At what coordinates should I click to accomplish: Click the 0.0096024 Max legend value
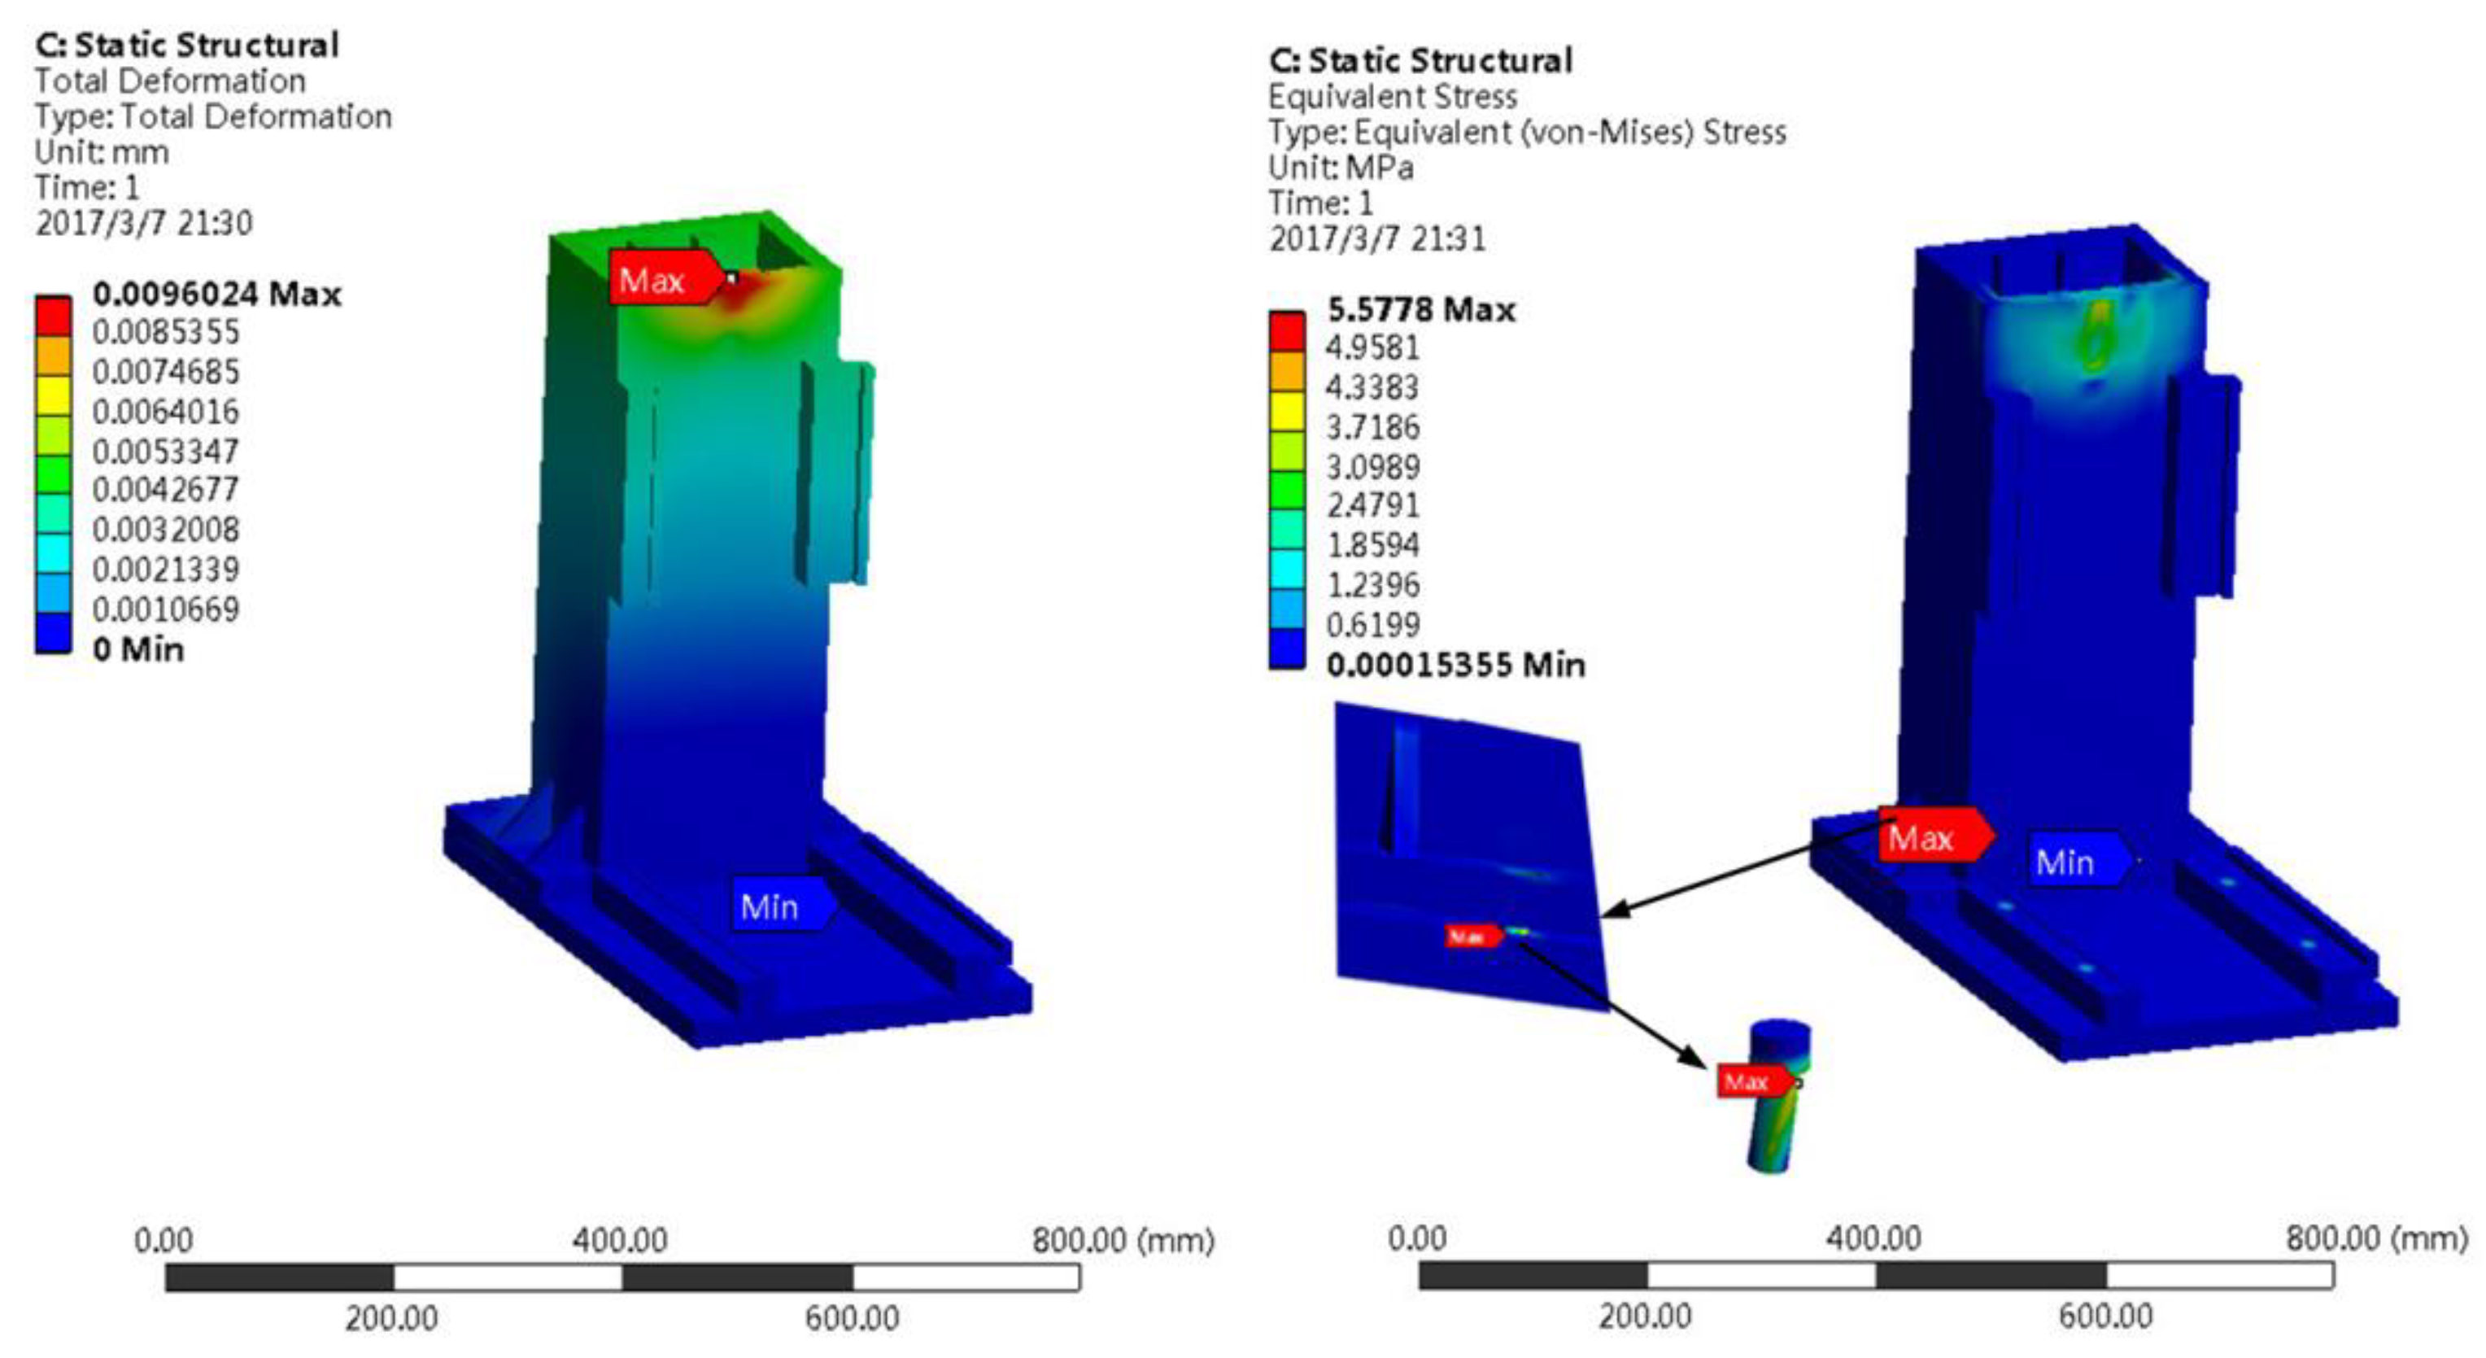coord(216,294)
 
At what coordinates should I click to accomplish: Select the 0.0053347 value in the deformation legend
coord(165,451)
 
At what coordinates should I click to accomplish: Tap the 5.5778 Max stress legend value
coord(1420,309)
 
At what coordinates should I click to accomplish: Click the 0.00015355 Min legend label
coord(1455,665)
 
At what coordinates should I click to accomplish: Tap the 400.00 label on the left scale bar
coord(620,1239)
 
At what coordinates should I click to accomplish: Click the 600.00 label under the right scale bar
coord(2106,1317)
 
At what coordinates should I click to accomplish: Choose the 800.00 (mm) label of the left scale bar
coord(1123,1239)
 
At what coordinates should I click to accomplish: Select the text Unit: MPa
coord(1341,168)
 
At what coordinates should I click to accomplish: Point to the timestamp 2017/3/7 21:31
coord(1376,238)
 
